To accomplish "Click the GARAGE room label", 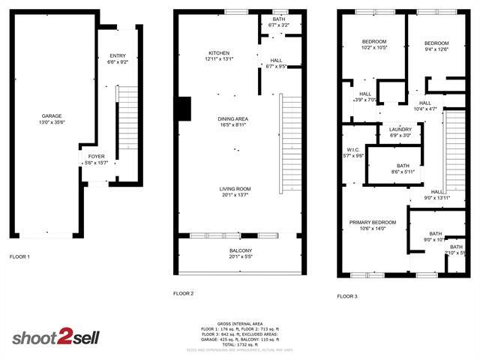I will point(52,116).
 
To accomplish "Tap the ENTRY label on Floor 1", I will point(118,56).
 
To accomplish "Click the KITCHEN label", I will point(219,52).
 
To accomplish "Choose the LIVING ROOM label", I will point(235,189).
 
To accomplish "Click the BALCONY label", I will point(240,250).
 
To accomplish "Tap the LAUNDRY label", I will point(400,130).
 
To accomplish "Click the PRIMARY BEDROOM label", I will point(373,223).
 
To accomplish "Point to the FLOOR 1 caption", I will point(19,257).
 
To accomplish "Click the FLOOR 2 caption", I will point(183,293).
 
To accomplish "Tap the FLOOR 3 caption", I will point(346,296).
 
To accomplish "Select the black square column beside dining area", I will point(182,109).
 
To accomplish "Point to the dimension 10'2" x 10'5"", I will point(374,47).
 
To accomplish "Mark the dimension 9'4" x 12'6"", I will point(436,49).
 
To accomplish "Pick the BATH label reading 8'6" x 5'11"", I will point(403,166).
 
